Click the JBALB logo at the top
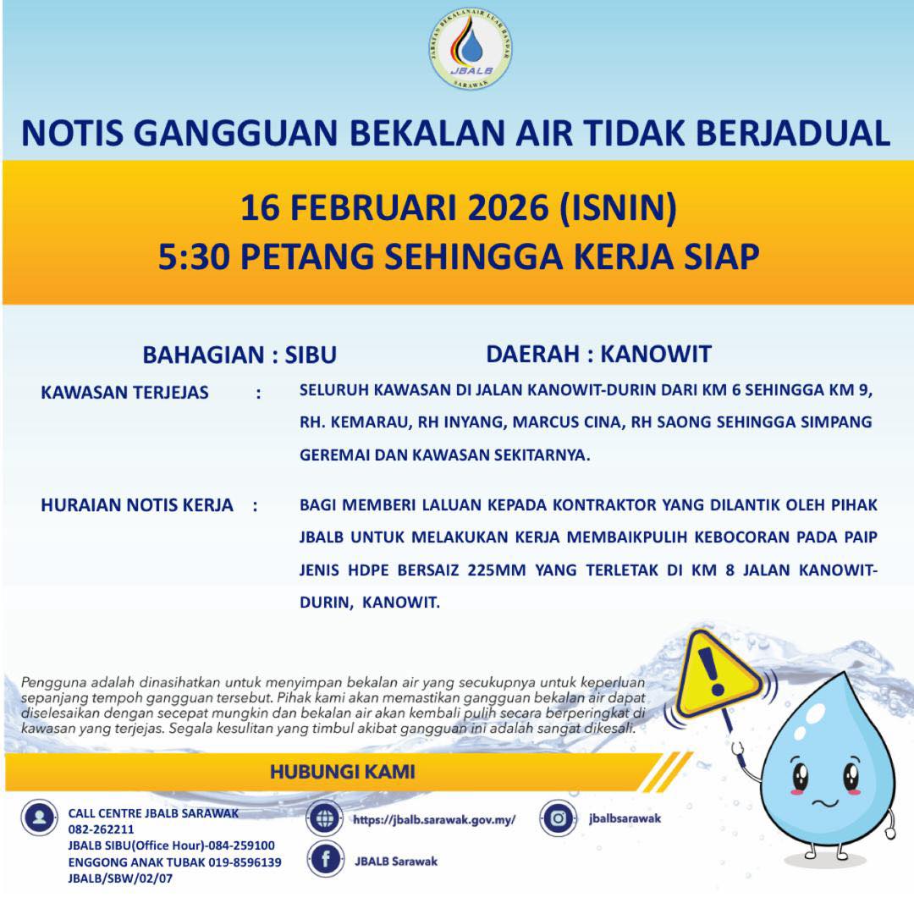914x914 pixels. [x=471, y=50]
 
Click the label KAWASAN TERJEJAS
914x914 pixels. [x=124, y=393]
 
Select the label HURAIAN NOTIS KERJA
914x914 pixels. [x=137, y=505]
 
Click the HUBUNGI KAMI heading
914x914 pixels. [x=343, y=772]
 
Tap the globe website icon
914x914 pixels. [x=324, y=818]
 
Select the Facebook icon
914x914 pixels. [x=324, y=861]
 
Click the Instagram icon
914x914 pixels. [x=558, y=818]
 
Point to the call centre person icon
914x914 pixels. [x=39, y=818]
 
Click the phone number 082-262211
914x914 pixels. [x=101, y=829]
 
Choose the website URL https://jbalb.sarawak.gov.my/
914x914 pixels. [x=434, y=819]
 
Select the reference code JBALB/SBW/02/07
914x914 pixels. [x=120, y=878]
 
